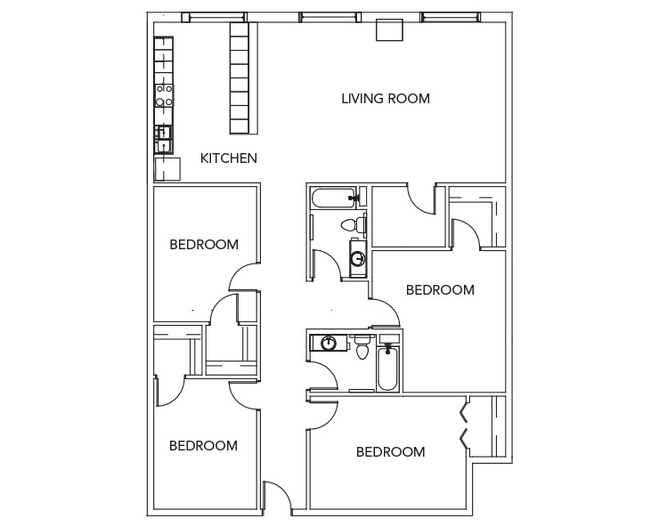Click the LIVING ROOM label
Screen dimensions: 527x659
tap(386, 99)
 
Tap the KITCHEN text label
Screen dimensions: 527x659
tap(229, 158)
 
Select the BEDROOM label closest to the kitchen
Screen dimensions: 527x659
tap(204, 245)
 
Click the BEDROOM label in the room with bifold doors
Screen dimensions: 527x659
tap(390, 452)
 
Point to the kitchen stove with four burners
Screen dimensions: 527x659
tap(164, 95)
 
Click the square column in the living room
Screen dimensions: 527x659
tap(389, 29)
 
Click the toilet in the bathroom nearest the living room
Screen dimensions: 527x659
tap(357, 223)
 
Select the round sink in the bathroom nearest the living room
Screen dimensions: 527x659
tap(357, 259)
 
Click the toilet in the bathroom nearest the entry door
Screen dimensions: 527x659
tap(362, 348)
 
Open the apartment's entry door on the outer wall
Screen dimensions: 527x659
tap(277, 499)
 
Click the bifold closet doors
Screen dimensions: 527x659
tap(463, 425)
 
